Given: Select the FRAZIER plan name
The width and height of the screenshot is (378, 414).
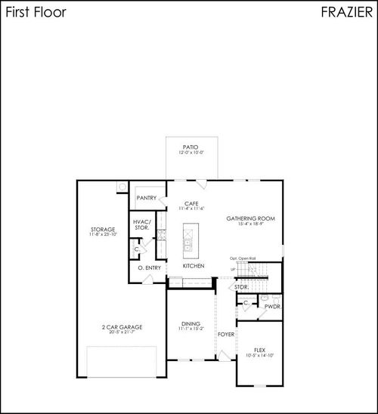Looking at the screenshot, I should [x=344, y=13].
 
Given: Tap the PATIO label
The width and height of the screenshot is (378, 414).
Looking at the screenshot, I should [x=191, y=147].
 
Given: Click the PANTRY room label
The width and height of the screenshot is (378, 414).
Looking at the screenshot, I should [x=147, y=198].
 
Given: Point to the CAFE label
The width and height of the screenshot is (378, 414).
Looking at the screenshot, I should [x=191, y=203].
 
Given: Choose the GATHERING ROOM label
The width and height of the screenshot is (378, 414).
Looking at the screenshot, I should [x=250, y=218].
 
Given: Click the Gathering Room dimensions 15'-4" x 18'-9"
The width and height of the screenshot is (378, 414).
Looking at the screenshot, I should [x=250, y=224].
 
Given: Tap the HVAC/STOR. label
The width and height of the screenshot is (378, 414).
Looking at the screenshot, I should [x=142, y=224].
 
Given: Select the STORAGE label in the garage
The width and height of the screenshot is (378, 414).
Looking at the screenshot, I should [x=103, y=229].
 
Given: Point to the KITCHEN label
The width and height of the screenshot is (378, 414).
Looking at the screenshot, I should [x=194, y=266].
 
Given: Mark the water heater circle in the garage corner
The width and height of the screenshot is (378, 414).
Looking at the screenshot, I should [x=122, y=187].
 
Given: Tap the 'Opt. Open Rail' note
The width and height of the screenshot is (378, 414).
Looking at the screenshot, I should [x=243, y=258].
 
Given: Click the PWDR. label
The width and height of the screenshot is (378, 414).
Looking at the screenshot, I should [x=271, y=307].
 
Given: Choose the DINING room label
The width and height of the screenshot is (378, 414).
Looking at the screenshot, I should [x=191, y=323].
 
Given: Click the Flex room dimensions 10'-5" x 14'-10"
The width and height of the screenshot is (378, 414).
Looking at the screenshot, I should [x=259, y=355].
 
